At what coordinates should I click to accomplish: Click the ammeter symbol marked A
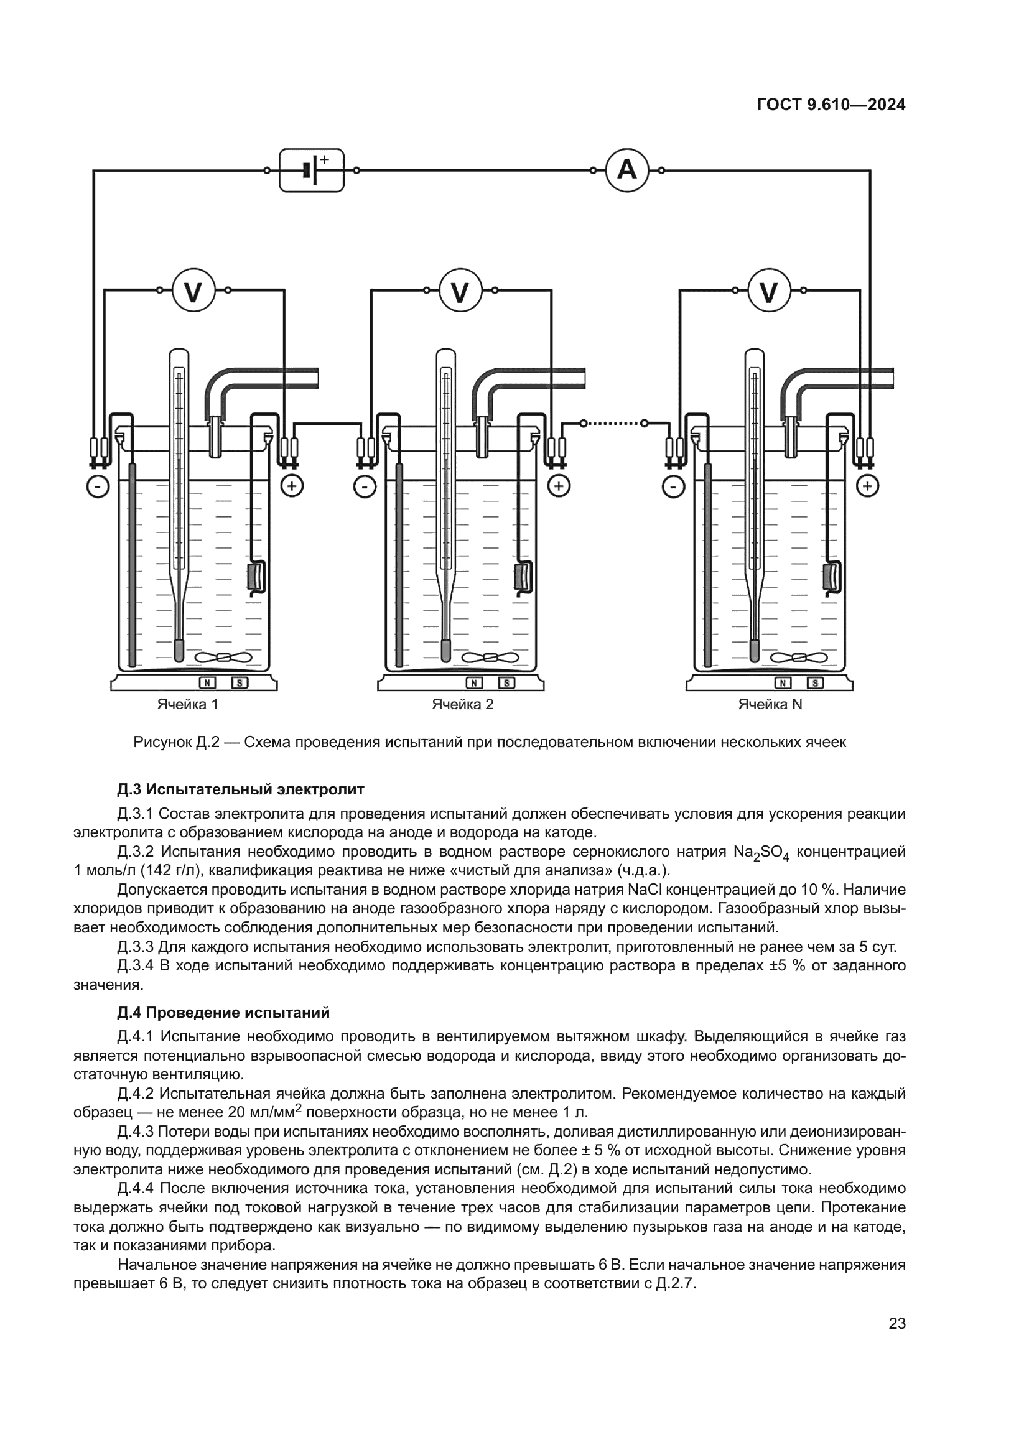coord(626,170)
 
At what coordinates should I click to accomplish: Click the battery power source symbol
coord(312,170)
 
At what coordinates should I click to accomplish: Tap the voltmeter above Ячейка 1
coord(193,291)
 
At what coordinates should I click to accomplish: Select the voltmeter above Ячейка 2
coord(460,291)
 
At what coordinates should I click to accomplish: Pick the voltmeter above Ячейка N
coord(768,291)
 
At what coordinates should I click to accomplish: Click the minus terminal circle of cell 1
coord(98,486)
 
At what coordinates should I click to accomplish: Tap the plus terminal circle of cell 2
coord(559,486)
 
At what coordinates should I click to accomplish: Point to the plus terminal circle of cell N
coord(867,486)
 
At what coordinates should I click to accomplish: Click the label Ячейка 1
coord(187,704)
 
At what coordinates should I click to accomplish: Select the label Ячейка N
coord(770,704)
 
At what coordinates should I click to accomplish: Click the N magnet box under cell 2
coord(474,683)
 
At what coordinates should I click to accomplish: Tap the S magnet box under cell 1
coord(240,683)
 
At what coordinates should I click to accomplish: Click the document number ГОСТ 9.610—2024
coord(831,105)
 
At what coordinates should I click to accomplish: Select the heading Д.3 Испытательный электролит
coord(241,789)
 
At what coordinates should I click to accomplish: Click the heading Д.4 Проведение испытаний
coord(223,1013)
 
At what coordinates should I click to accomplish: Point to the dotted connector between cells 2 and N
coord(613,422)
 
